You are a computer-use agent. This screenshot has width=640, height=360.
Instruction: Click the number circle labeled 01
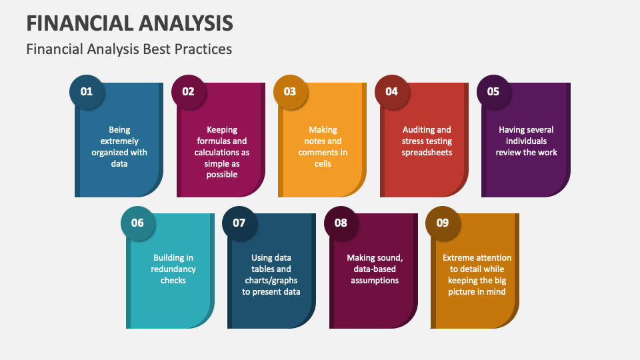point(87,92)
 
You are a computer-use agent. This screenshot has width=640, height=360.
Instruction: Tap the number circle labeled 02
point(189,92)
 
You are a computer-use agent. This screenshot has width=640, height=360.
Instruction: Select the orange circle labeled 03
point(290,92)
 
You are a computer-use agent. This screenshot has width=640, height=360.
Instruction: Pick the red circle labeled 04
point(392,92)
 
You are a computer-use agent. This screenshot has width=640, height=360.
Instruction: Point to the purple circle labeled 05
point(493,92)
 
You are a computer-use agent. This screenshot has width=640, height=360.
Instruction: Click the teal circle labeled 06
point(137,223)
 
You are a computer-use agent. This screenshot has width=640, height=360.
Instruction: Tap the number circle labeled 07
point(239,223)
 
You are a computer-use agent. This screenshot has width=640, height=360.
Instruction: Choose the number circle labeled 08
point(341,223)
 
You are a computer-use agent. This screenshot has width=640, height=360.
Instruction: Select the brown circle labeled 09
point(443,223)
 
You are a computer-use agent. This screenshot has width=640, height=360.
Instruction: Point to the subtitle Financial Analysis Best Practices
point(129,49)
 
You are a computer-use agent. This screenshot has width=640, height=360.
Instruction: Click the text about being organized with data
point(119,147)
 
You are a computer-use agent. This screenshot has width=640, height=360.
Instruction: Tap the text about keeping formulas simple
point(222,152)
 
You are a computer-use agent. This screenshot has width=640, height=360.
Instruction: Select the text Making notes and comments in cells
point(323,147)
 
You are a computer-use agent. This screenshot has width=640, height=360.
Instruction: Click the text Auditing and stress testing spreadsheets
point(427,141)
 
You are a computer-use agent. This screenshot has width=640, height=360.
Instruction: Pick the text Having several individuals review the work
point(526,141)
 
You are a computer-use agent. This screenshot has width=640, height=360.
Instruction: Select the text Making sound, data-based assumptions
point(375,269)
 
